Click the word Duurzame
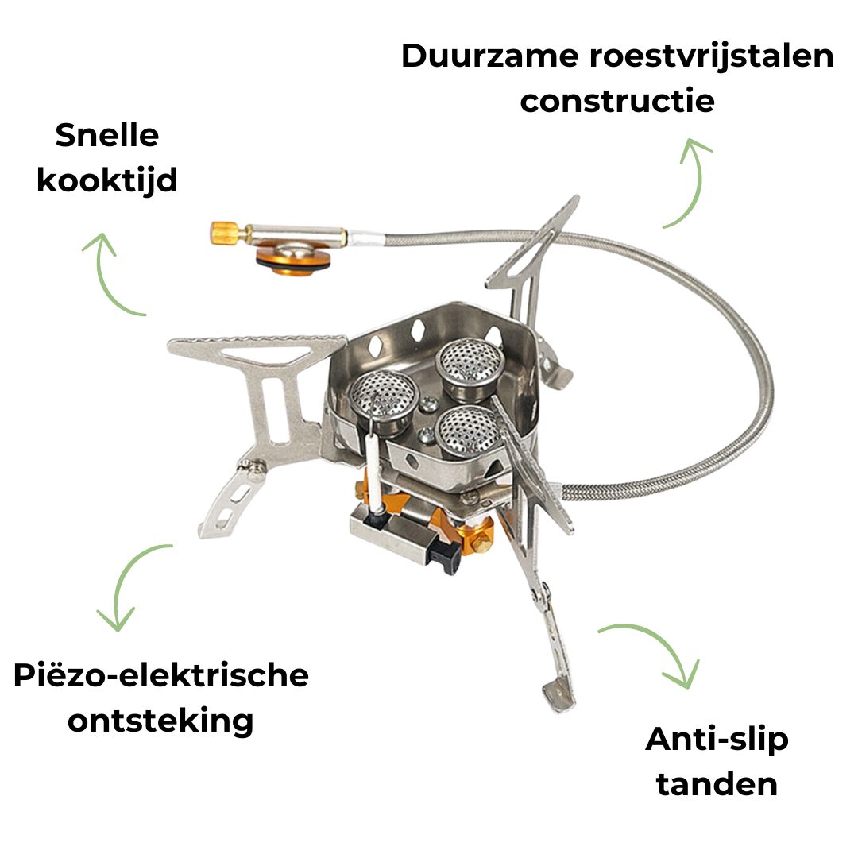click(x=489, y=56)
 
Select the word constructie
click(x=617, y=101)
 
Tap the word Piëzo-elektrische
click(x=160, y=674)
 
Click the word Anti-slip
click(x=717, y=740)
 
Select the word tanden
click(x=717, y=783)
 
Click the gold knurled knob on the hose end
click(x=224, y=233)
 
